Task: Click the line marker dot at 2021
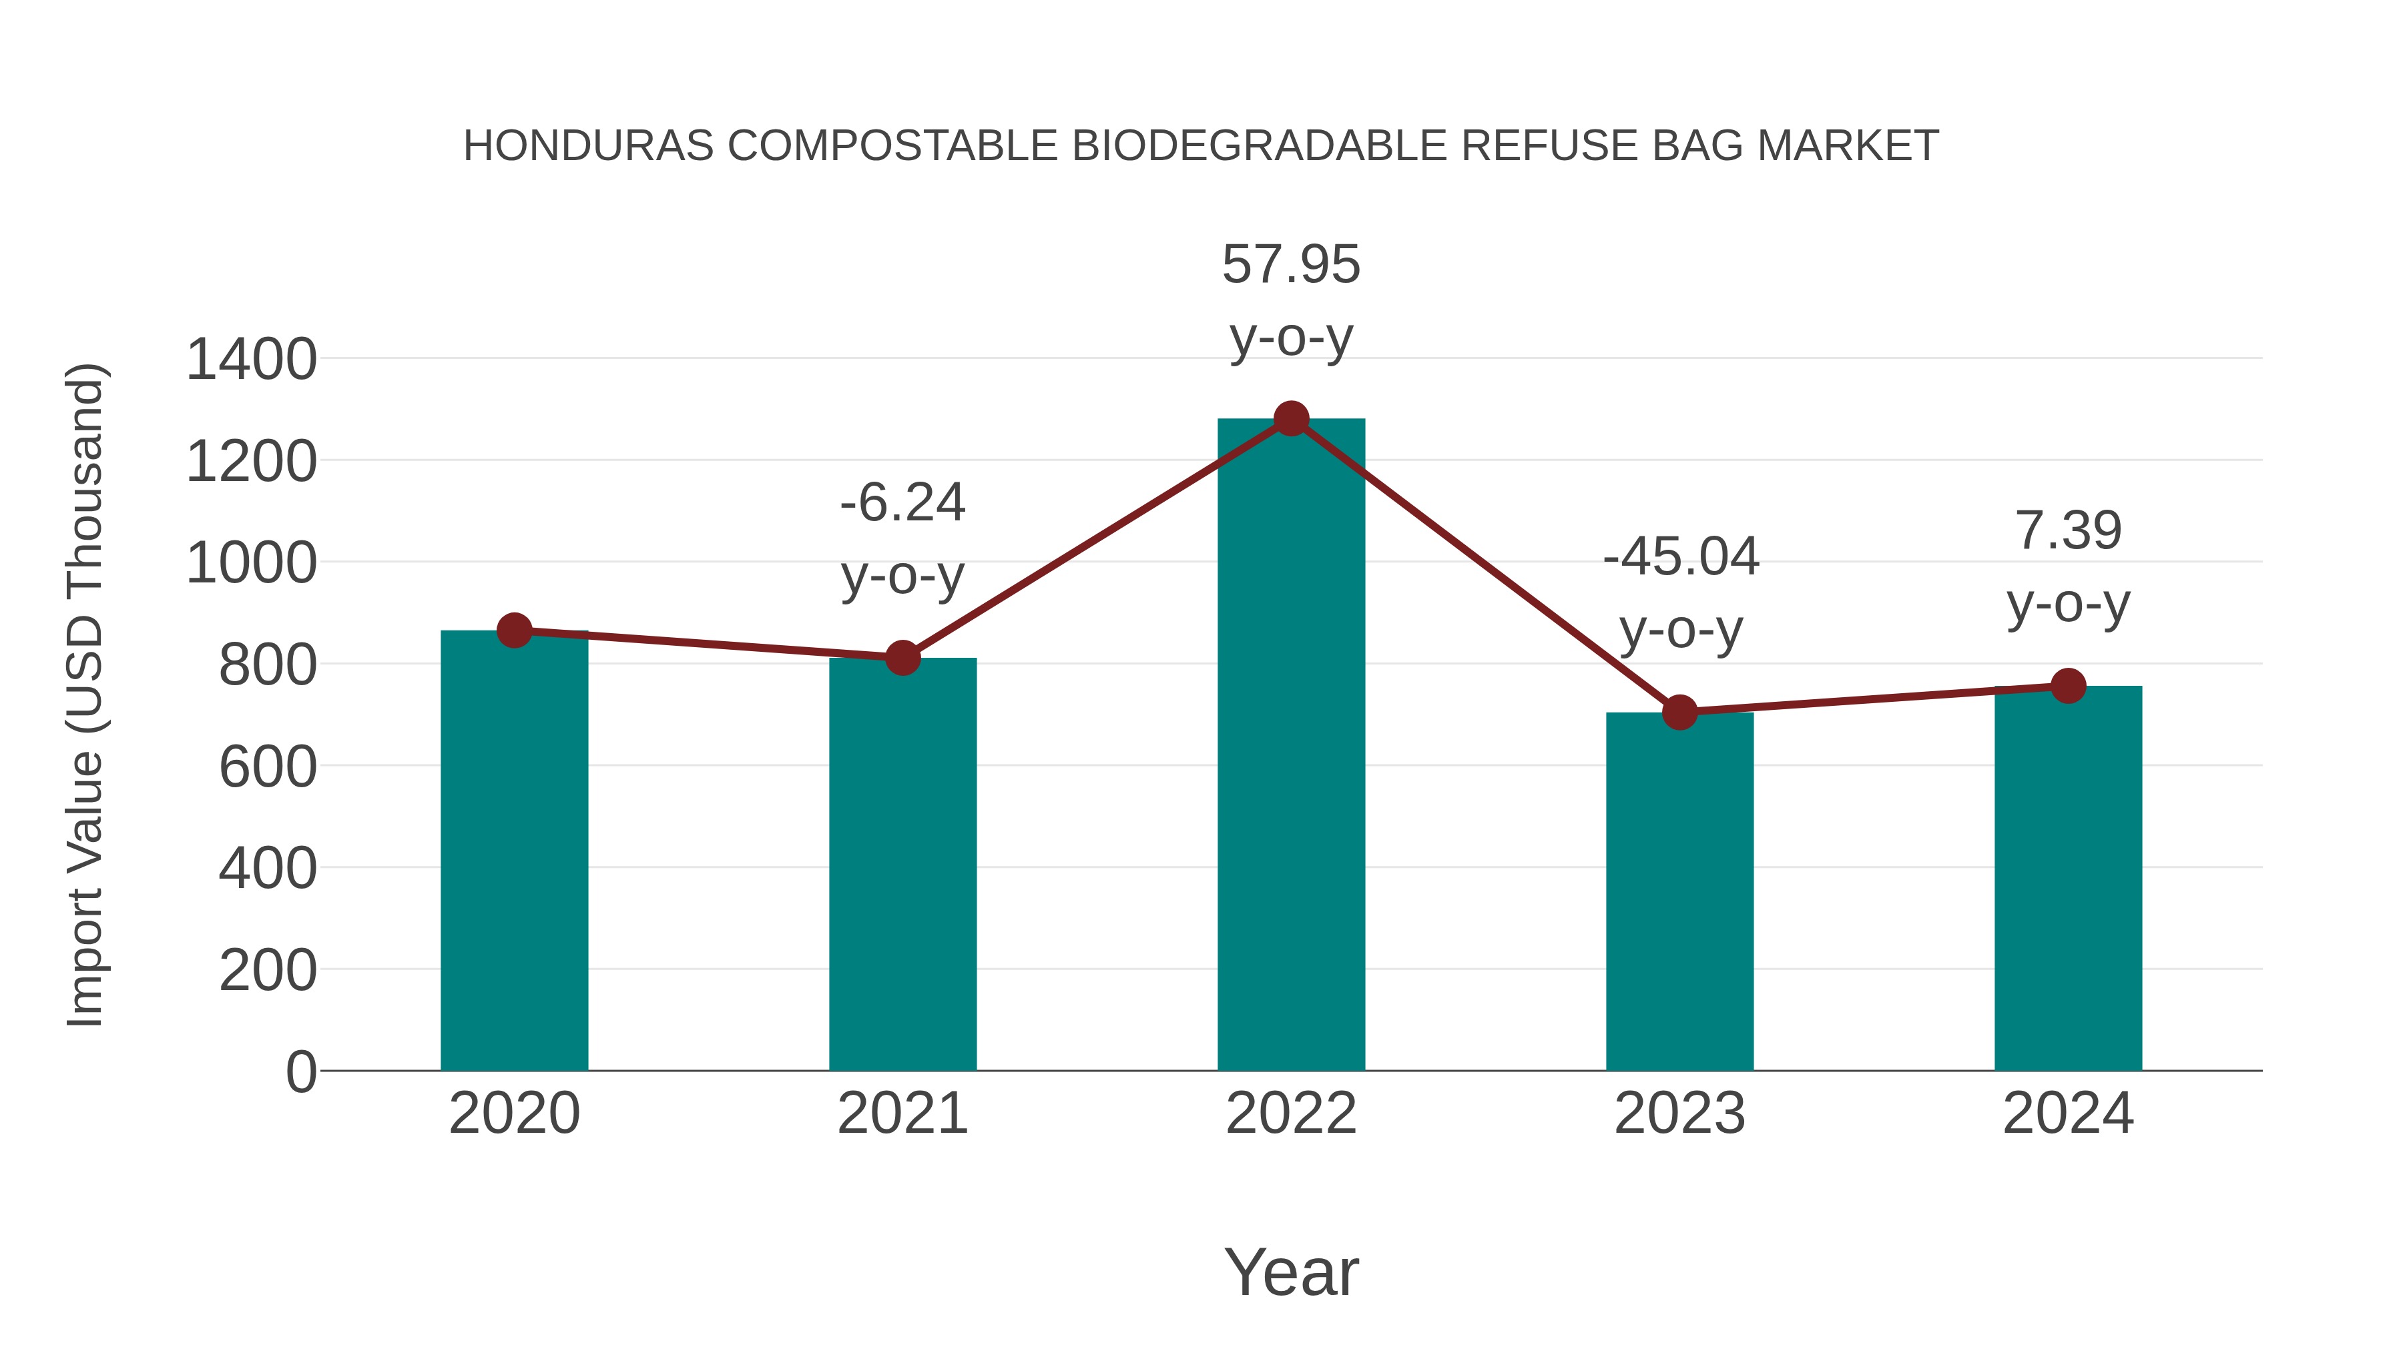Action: point(902,658)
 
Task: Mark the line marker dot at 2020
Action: point(514,631)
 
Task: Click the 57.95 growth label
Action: point(1291,265)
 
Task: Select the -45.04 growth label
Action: point(1680,558)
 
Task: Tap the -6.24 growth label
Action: point(902,504)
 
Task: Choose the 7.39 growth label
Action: point(2068,532)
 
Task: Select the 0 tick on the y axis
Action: point(300,1071)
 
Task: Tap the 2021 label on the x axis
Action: point(902,1113)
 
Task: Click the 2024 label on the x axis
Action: point(2068,1113)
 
